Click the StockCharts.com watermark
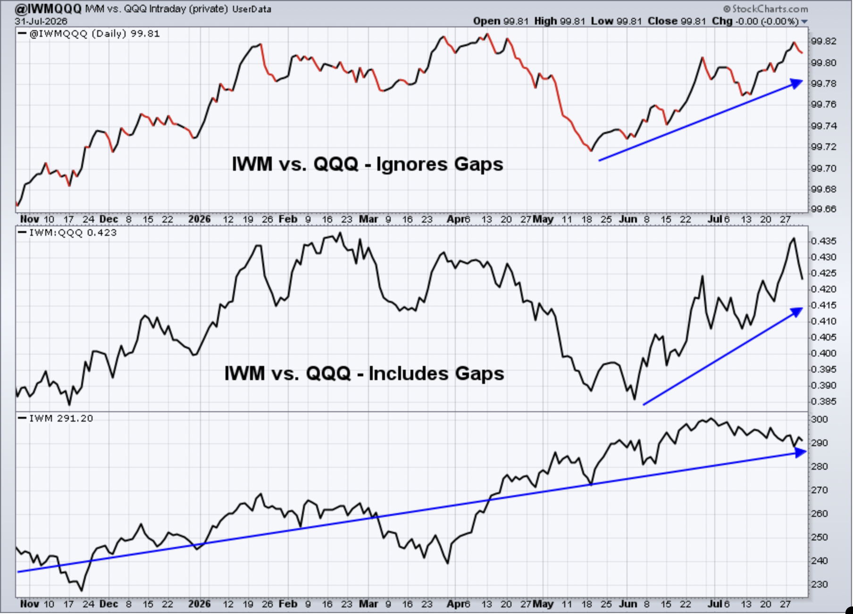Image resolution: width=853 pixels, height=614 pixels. point(765,9)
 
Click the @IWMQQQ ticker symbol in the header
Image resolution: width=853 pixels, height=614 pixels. point(49,9)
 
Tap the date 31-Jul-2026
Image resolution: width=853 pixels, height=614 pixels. point(41,21)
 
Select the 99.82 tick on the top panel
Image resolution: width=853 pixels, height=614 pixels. point(824,41)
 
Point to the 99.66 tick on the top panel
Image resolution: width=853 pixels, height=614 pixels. point(824,209)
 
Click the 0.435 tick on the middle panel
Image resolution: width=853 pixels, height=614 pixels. point(824,241)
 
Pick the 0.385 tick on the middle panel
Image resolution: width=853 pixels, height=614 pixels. point(824,401)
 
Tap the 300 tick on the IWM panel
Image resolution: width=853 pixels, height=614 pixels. point(820,419)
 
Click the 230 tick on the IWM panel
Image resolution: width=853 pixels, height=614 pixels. point(820,584)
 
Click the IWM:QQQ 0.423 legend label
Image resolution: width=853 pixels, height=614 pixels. point(73,232)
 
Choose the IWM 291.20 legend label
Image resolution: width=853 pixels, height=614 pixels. point(61,418)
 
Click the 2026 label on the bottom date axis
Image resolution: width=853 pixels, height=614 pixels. point(199,604)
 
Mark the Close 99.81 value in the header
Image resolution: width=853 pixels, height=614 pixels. point(677,21)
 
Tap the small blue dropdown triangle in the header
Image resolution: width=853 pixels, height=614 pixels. point(804,22)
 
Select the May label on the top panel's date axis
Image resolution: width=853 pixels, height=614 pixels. point(543,219)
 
